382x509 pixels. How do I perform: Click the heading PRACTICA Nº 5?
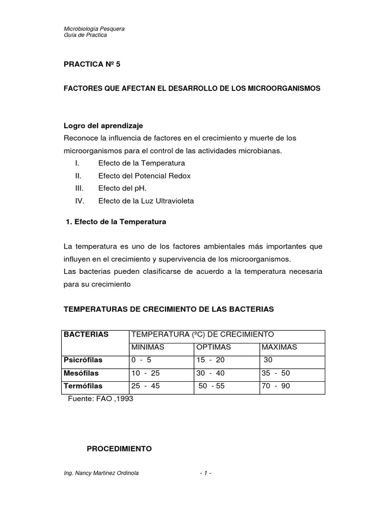92,65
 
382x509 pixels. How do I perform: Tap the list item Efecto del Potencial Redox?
144,175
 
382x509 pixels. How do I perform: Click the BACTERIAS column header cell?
86,335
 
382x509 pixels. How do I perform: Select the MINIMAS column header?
148,347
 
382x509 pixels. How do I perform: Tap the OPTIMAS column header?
213,347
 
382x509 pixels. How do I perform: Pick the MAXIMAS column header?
279,347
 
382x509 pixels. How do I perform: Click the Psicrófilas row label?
82,360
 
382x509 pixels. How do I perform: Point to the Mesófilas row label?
81,373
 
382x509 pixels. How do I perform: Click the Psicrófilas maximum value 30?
268,360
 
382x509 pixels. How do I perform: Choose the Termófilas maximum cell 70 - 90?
276,386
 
